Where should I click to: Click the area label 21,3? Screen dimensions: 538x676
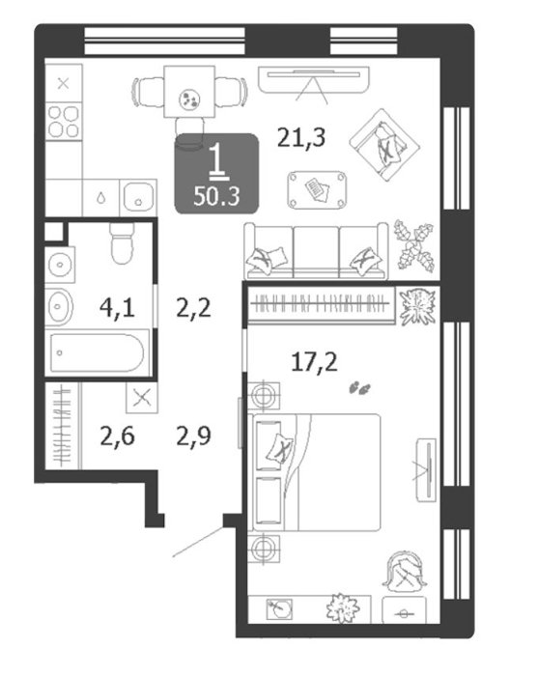click(x=301, y=138)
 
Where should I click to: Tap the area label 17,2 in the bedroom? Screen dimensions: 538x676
click(x=314, y=362)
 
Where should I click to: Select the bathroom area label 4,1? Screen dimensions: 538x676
click(x=117, y=308)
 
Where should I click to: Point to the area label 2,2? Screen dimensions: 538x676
click(x=193, y=308)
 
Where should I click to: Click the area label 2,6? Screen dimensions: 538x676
click(x=117, y=436)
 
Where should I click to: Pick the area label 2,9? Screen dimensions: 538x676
click(x=193, y=436)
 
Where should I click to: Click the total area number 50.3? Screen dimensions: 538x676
click(x=216, y=197)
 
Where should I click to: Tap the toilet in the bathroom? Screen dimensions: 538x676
click(x=122, y=242)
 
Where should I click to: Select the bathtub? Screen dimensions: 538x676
click(x=98, y=352)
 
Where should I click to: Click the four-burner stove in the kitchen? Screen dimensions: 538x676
click(x=64, y=122)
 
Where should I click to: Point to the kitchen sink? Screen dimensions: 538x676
click(x=138, y=197)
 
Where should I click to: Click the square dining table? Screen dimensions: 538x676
click(x=189, y=92)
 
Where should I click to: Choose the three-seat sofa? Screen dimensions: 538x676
click(x=317, y=251)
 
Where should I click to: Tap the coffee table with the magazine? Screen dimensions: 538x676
click(x=317, y=189)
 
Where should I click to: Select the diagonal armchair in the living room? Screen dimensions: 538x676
click(x=384, y=146)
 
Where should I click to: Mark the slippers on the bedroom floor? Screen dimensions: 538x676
click(x=359, y=387)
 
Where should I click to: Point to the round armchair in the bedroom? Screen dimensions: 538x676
click(x=405, y=572)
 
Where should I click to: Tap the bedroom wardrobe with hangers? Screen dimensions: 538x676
click(x=322, y=303)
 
